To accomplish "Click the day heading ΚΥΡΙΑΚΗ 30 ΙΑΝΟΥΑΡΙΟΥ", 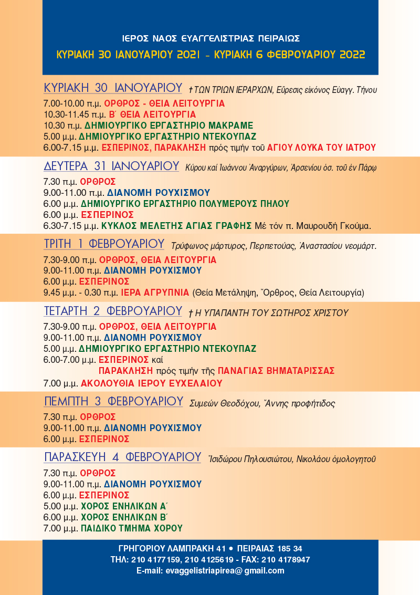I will click(x=113, y=88).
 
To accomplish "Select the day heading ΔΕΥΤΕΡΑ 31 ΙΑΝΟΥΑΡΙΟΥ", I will click(x=112, y=166).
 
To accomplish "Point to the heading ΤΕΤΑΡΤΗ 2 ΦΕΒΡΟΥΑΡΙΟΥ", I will click(x=113, y=311).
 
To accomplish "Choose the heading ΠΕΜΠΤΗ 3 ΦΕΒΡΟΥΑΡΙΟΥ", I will click(x=113, y=402).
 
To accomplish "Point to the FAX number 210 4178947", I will click(x=287, y=560).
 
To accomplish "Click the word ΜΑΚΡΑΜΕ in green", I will click(x=230, y=126).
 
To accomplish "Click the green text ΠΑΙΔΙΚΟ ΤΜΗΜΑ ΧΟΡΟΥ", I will click(x=131, y=529).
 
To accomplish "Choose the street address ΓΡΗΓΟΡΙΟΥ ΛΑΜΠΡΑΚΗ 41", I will click(x=167, y=549).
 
